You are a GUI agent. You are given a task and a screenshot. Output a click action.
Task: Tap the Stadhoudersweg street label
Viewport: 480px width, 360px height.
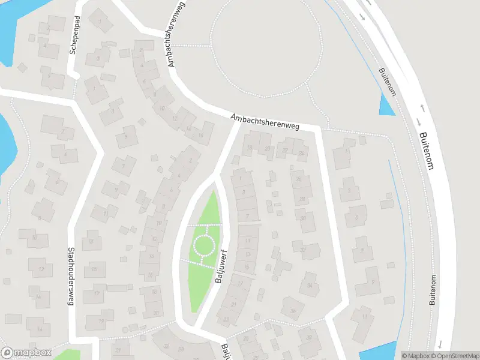coord(70,277)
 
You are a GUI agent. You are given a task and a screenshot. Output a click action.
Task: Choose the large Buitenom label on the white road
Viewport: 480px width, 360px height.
coord(425,142)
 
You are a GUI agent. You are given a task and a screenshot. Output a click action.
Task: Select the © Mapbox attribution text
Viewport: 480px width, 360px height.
coord(415,356)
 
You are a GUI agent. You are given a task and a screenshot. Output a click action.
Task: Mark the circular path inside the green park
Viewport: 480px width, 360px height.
coord(203,245)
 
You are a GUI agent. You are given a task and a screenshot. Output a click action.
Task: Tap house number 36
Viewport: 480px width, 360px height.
coord(293,310)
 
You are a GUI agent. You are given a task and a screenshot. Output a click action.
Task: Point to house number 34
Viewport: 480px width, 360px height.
coord(310,285)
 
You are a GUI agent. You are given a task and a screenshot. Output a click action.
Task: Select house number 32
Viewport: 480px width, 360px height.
coord(303,249)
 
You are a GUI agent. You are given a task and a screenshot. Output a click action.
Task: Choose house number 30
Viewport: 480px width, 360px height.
coord(304,218)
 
